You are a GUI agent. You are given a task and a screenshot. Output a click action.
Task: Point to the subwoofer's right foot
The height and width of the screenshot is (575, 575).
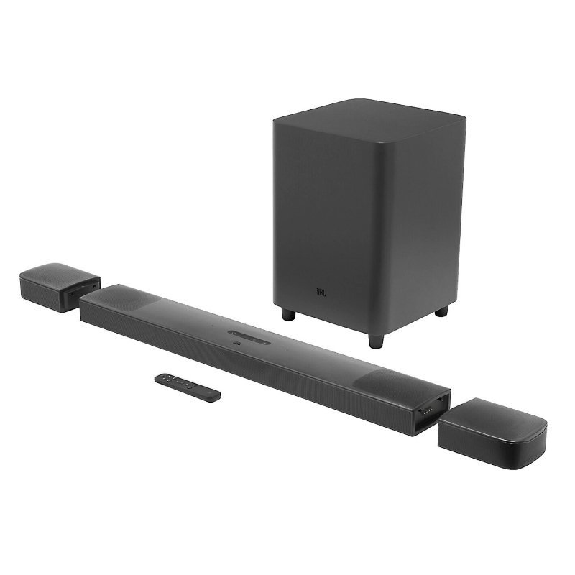point(441,311)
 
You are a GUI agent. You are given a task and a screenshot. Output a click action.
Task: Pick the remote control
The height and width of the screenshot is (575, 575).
point(189,386)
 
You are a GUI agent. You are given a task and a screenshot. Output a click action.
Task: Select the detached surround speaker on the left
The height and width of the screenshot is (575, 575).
point(59,285)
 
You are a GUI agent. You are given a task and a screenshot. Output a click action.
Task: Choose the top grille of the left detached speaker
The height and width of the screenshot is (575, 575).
point(60,274)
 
